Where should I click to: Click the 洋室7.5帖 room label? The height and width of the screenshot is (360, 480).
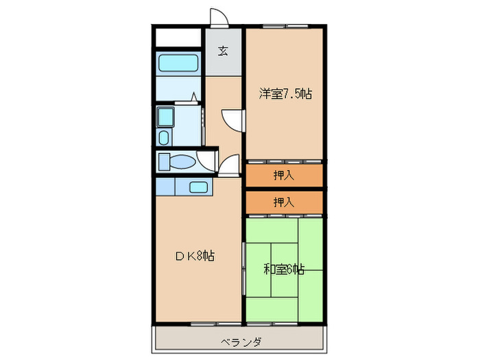285,94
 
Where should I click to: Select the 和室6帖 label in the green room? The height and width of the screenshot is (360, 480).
284,269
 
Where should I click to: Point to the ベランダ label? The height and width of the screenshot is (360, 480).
240,342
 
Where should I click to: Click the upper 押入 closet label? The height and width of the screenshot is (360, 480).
284,176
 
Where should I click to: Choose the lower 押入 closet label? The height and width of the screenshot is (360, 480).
284,202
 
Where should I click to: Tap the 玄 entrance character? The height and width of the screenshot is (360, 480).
224,51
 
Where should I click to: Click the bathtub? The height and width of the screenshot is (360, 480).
178,63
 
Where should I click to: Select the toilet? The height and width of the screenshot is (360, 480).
177,163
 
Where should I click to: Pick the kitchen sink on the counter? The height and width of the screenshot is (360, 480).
199,187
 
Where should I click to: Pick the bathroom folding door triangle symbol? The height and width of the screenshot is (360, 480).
194,97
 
